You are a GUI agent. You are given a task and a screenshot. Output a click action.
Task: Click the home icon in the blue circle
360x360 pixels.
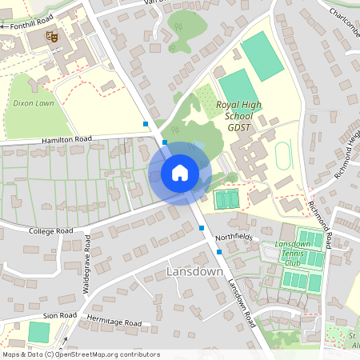pos(180,172)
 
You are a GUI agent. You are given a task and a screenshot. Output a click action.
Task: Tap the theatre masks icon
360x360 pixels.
pos(52,36)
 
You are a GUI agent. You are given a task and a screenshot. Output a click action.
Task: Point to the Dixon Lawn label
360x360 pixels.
pos(34,103)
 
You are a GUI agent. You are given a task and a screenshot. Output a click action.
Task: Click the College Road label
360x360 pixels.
pos(50,230)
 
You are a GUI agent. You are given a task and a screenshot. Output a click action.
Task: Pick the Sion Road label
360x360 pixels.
pos(59,316)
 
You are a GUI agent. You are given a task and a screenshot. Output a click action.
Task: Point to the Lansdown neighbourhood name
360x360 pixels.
pos(194,272)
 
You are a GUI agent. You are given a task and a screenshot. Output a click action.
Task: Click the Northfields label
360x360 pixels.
pos(233,237)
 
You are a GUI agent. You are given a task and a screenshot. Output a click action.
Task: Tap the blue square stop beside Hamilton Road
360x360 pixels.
pos(146,124)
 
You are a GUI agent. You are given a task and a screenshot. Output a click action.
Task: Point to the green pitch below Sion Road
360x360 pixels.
pos(38,332)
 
